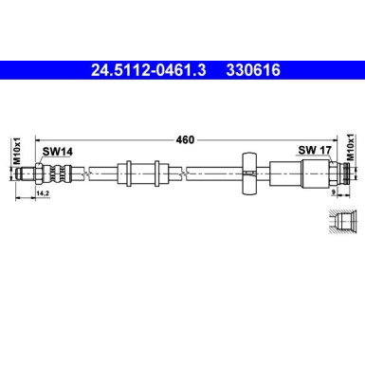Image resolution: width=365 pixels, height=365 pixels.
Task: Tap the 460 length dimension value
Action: point(185,140)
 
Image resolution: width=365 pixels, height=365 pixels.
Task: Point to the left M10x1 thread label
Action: point(16,152)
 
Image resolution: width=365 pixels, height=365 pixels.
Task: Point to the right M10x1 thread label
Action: point(348,152)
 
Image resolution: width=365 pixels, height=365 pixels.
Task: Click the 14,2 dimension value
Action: point(41,193)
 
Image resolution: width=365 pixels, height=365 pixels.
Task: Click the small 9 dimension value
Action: point(335,193)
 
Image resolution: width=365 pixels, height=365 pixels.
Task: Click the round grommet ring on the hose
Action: point(248,173)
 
